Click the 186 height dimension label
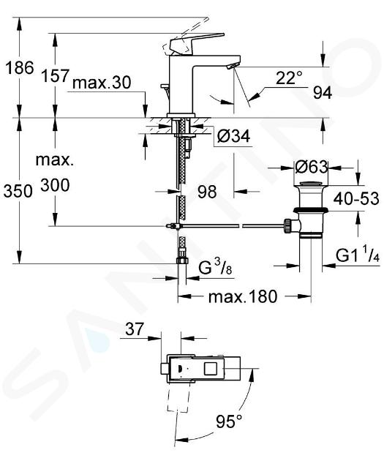click(20, 68)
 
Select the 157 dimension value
click(55, 76)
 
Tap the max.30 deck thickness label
click(102, 83)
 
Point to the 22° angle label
click(289, 78)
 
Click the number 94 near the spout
click(323, 93)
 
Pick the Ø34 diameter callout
click(233, 136)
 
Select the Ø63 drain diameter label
click(311, 167)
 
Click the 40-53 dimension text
click(356, 198)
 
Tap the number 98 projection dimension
click(207, 192)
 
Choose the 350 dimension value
click(18, 191)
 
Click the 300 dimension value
click(55, 185)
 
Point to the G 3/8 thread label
click(215, 267)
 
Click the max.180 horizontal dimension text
click(243, 296)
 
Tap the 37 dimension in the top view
click(135, 329)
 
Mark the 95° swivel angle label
click(229, 421)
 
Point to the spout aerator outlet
click(232, 66)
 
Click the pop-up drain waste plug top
click(311, 184)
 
